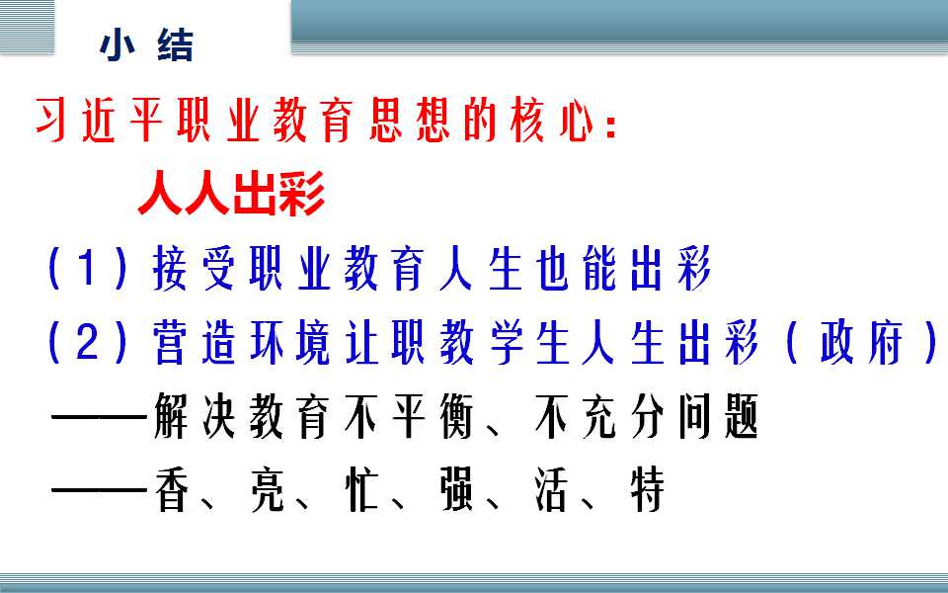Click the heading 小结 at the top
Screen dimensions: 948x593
147,46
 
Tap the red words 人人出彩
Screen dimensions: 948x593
231,193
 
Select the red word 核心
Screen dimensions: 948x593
551,121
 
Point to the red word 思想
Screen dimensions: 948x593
410,121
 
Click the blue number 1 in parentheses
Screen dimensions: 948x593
88,268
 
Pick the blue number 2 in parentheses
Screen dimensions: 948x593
88,343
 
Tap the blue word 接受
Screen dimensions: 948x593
194,268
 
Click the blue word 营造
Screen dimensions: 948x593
194,343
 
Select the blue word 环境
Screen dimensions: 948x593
289,343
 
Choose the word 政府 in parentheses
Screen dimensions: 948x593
861,343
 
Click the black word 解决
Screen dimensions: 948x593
194,416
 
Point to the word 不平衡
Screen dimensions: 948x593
409,416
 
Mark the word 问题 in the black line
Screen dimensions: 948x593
718,416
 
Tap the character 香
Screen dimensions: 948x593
172,489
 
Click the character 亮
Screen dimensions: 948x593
267,489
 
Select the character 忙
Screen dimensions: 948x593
361,489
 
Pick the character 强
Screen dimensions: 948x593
457,489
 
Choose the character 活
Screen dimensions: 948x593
551,489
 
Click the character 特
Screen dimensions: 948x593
648,489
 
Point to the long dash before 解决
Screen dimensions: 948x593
100,417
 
